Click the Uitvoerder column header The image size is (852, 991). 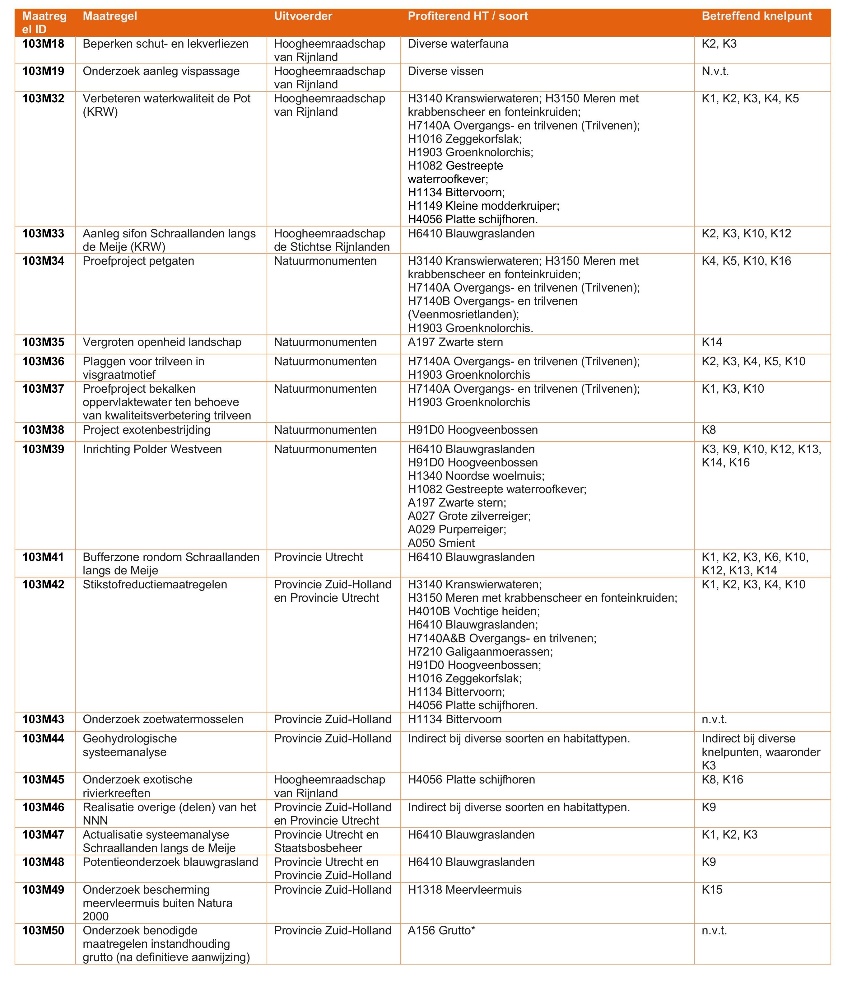click(303, 16)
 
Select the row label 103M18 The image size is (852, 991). click(43, 44)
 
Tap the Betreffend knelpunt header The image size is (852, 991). click(757, 16)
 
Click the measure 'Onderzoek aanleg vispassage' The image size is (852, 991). click(161, 71)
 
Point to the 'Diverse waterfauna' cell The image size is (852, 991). click(458, 44)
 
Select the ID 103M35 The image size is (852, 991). click(43, 343)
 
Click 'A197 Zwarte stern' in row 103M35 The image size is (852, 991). click(455, 343)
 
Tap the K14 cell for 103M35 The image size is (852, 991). click(712, 343)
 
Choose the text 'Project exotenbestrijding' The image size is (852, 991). click(146, 430)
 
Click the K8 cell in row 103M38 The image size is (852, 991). click(709, 430)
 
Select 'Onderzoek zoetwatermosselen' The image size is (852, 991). click(163, 719)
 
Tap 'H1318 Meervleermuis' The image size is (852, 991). click(465, 890)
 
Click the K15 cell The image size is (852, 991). click(712, 890)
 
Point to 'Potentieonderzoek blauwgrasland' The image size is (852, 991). click(170, 862)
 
